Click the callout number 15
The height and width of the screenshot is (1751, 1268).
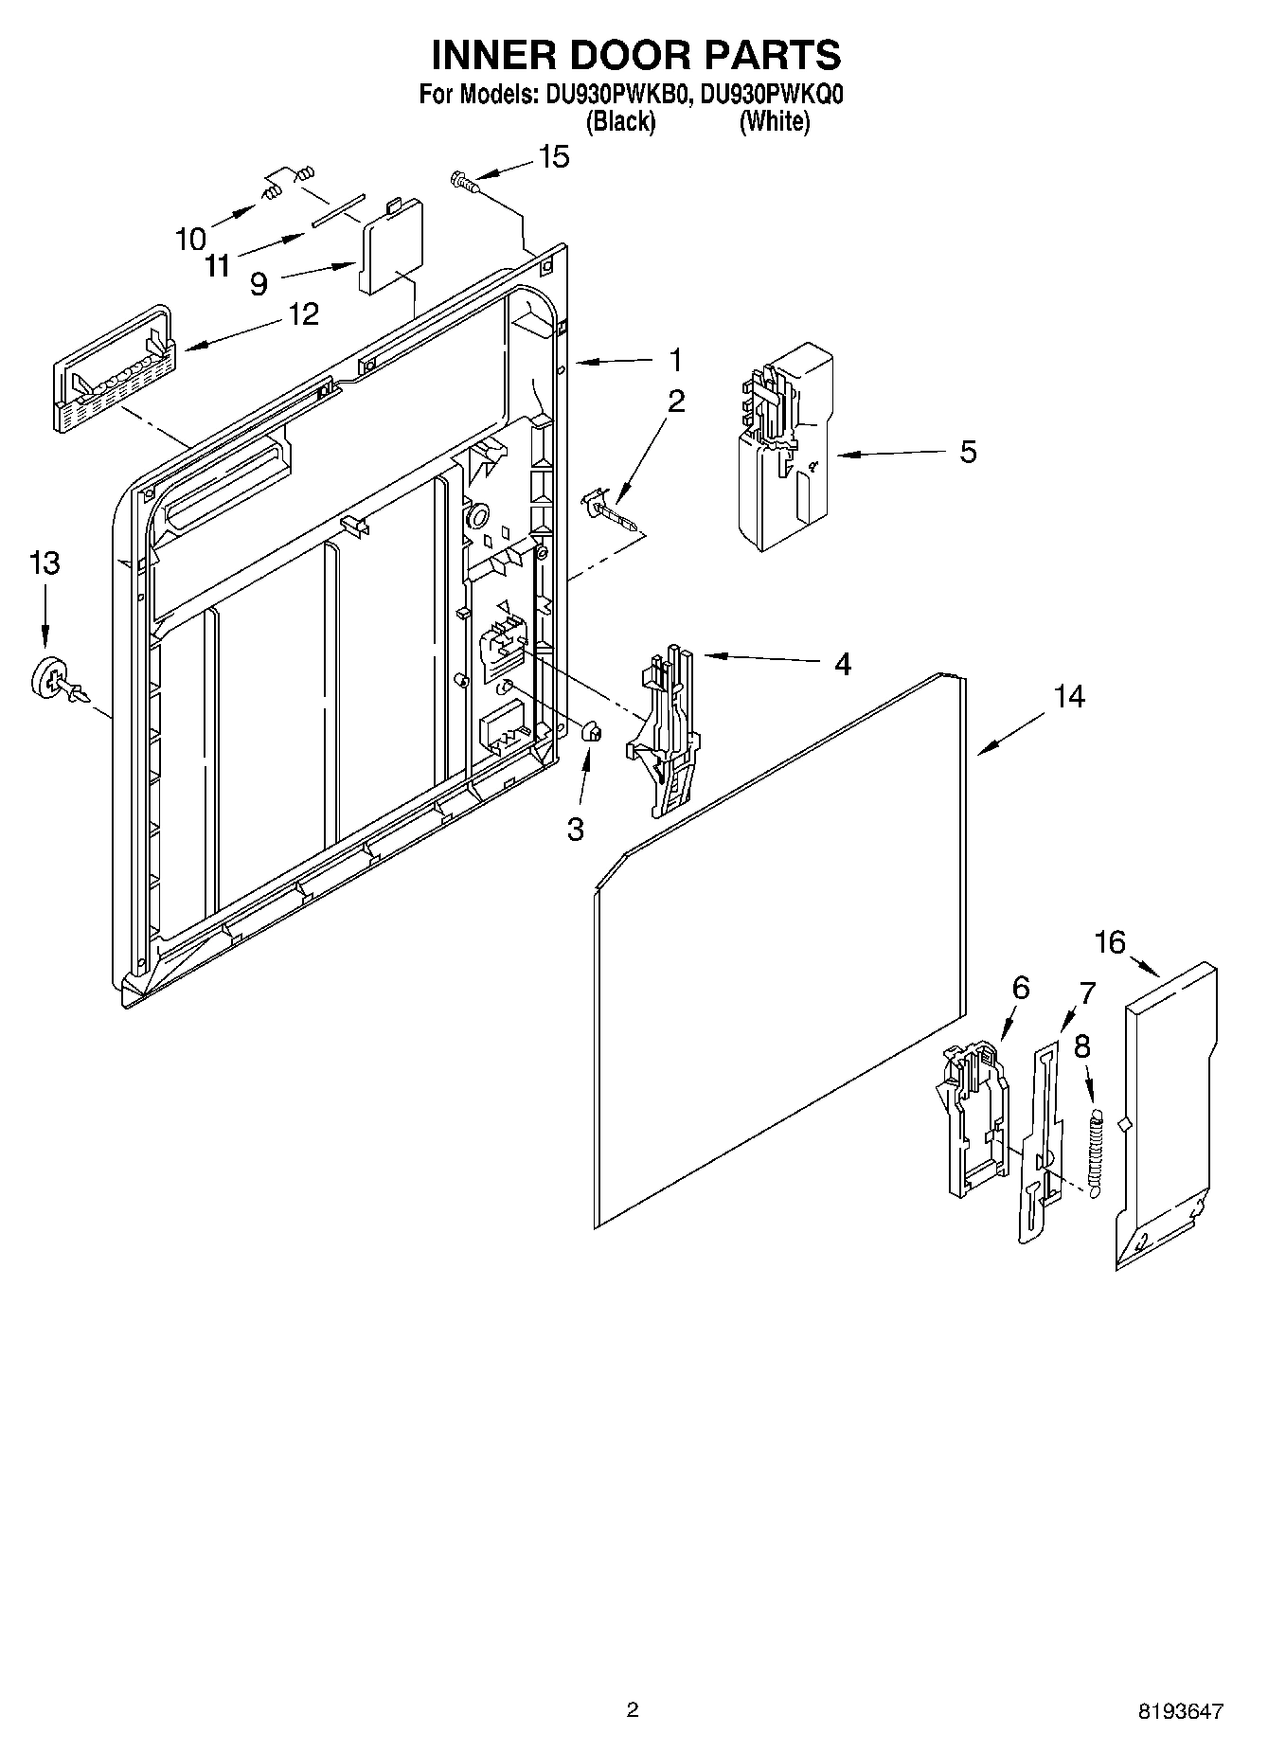pos(554,157)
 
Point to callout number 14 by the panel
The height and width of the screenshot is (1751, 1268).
pos(1069,696)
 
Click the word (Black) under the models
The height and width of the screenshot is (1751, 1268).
pos(620,122)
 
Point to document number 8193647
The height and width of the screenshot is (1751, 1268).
pos(1180,1711)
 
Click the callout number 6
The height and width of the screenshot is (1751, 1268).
pos(1020,988)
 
